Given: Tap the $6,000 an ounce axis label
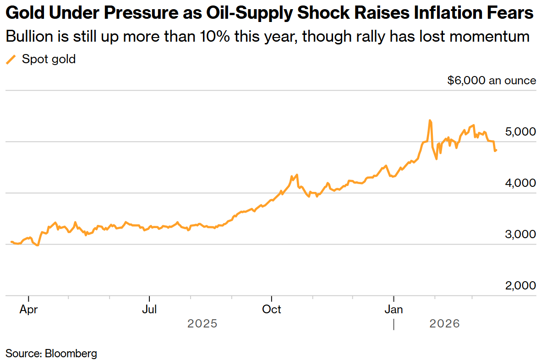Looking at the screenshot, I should click(x=492, y=81).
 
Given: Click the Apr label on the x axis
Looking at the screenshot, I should click(x=28, y=310).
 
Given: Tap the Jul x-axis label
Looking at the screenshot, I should click(x=149, y=310).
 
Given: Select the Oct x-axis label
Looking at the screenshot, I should click(x=272, y=310).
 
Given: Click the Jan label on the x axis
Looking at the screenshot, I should click(x=393, y=310).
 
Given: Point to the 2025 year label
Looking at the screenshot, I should click(x=202, y=324).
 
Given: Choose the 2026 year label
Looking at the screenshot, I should click(x=444, y=324).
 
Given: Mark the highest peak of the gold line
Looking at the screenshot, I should click(x=430, y=120).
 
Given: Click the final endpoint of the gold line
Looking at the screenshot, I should click(x=497, y=150).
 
